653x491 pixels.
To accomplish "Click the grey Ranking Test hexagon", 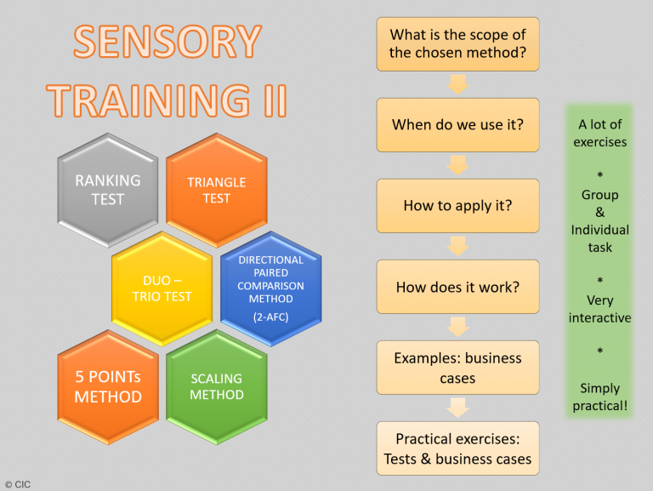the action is point(108,190).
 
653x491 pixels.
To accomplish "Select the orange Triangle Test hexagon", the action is point(217,190).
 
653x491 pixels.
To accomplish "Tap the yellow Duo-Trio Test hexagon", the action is point(162,288).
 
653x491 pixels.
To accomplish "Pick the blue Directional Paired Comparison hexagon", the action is point(270,288).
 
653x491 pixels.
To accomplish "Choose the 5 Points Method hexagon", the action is point(108,387).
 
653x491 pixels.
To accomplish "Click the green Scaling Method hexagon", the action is point(217,387).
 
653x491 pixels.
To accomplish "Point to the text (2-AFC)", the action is point(270,317).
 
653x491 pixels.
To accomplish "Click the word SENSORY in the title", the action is point(168,41).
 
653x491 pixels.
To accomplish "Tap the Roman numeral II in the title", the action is point(275,100).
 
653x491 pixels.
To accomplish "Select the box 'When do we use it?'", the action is point(457,125).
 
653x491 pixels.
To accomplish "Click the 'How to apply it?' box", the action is point(457,206).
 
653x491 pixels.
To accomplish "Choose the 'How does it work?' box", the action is point(457,287).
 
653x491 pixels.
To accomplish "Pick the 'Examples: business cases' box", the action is point(457,368).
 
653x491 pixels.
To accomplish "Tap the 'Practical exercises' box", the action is point(457,448).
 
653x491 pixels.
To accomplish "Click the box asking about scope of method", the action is point(457,44).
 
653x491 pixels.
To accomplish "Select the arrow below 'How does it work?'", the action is point(457,328).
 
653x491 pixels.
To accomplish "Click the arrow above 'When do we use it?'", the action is point(457,84).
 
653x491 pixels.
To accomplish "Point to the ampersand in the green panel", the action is point(600,212).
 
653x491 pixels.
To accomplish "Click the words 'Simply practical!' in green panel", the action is point(600,397).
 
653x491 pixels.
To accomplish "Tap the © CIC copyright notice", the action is point(18,484).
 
